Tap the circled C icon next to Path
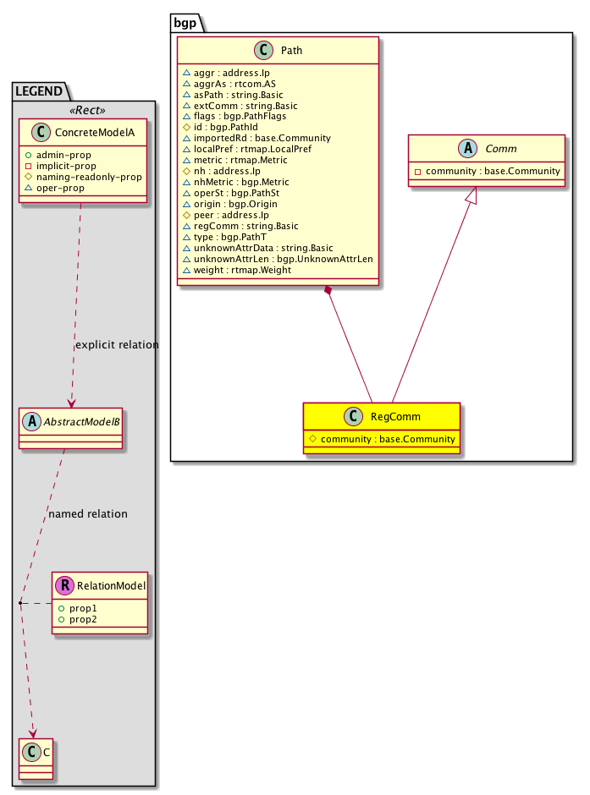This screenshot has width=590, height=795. click(x=262, y=50)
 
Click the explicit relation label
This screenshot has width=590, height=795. click(x=117, y=345)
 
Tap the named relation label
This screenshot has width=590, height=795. click(x=88, y=513)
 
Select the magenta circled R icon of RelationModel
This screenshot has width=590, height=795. click(x=64, y=583)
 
